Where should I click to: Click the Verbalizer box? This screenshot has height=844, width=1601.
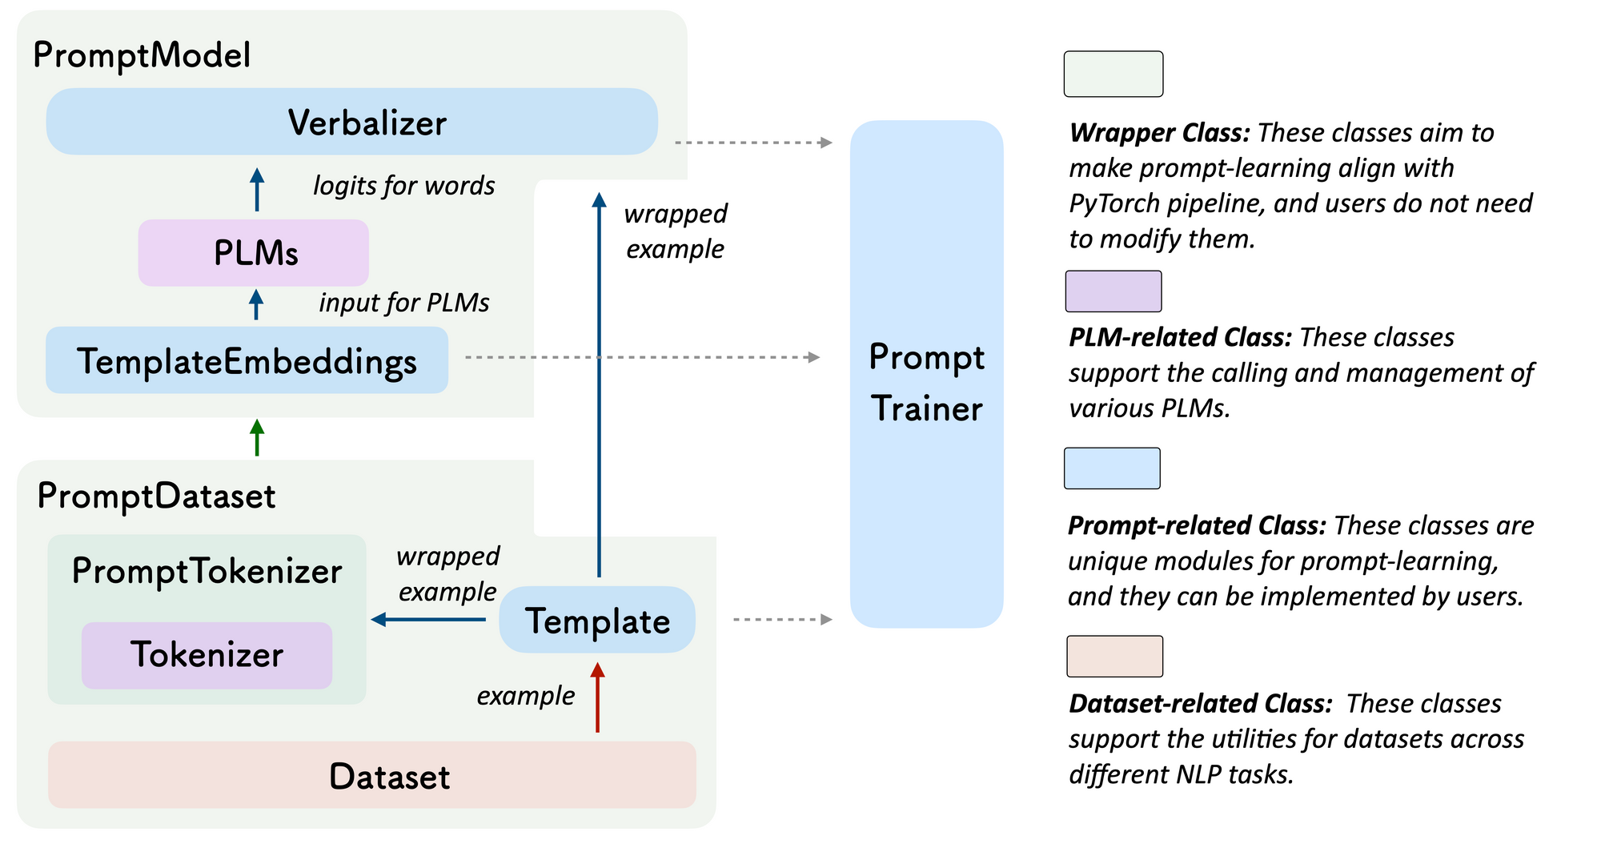pos(352,122)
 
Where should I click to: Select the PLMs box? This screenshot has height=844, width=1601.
pos(254,253)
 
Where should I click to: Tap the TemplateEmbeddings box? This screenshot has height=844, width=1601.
pos(247,360)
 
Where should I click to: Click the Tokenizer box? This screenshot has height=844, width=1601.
pos(207,655)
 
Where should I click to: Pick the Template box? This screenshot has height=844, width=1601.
pos(597,621)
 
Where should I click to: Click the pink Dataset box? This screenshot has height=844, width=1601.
pos(372,775)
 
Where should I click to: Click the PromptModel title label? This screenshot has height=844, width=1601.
pos(142,55)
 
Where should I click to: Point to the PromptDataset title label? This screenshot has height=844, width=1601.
pos(156,496)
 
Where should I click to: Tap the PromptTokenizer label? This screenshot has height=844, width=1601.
pos(207,571)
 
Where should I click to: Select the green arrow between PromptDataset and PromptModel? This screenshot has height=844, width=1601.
pos(257,437)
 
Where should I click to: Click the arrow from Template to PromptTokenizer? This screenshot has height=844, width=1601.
pos(428,619)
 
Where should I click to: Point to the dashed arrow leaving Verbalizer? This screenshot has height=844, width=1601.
pos(752,143)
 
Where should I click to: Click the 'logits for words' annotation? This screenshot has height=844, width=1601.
pos(403,186)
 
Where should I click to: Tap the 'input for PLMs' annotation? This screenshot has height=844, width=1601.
pos(403,303)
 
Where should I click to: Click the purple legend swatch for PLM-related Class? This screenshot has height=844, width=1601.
pos(1113,291)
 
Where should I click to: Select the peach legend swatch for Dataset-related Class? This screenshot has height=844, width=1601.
pos(1114,657)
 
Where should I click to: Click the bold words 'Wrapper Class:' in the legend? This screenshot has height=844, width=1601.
pos(1159,133)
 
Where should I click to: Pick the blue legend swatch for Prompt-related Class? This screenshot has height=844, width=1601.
pos(1112,468)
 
